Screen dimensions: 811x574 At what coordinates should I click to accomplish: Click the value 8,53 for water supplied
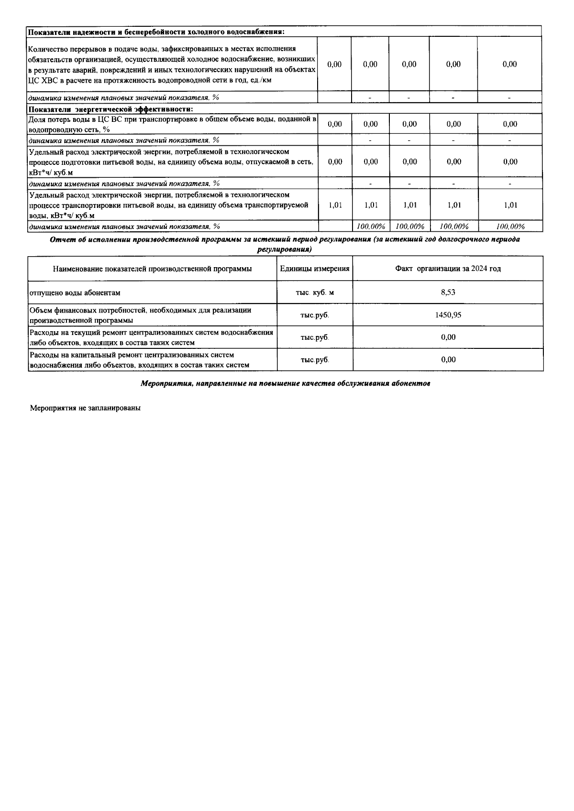click(x=448, y=292)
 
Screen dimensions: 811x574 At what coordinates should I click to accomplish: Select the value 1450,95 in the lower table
click(x=448, y=315)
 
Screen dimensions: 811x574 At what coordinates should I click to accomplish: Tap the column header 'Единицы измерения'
click(x=314, y=269)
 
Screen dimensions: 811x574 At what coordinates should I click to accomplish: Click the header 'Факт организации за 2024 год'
click(x=448, y=269)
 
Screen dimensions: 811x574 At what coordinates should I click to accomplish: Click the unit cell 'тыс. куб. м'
click(x=314, y=292)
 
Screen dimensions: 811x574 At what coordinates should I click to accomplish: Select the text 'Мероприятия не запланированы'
click(x=85, y=409)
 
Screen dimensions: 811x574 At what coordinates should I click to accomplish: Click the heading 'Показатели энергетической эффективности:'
click(x=110, y=109)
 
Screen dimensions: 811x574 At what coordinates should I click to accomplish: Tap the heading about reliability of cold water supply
click(x=156, y=32)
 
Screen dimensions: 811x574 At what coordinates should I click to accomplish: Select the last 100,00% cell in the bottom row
click(x=510, y=227)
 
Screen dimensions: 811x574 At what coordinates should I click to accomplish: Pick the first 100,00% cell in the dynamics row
click(x=370, y=227)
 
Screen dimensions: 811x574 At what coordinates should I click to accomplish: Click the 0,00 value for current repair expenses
click(x=448, y=337)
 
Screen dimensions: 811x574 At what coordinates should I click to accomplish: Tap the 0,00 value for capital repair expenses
click(x=448, y=360)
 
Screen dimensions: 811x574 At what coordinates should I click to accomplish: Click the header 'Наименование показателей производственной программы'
click(x=152, y=269)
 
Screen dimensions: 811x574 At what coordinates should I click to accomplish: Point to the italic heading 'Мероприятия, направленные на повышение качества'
click(x=286, y=383)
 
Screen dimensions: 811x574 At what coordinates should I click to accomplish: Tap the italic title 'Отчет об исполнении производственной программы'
click(x=285, y=239)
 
